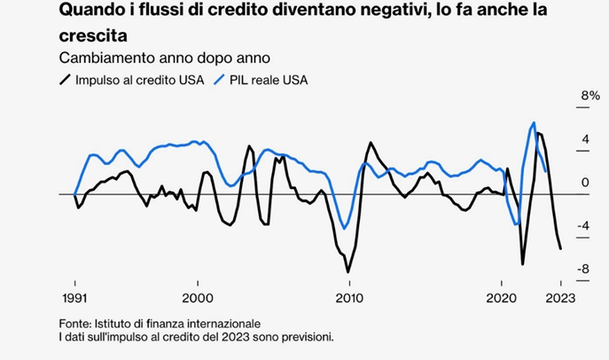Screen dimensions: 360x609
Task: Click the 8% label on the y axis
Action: tap(589, 95)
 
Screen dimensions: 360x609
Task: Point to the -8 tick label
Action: tap(584, 269)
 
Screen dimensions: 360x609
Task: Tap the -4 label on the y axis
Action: tap(584, 225)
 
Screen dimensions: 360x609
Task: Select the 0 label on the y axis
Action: tap(586, 183)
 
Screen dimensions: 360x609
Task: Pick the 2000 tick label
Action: tap(197, 297)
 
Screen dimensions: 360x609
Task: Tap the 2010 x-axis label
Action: tap(349, 297)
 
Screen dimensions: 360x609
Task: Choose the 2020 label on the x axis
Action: tap(502, 297)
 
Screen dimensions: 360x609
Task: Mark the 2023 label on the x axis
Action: tap(559, 297)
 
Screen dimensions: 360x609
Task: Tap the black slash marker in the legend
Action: tap(64, 80)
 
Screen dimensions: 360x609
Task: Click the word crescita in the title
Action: tap(94, 36)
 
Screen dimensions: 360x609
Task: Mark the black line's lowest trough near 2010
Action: tap(348, 271)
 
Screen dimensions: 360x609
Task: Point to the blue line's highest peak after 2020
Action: tap(534, 122)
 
